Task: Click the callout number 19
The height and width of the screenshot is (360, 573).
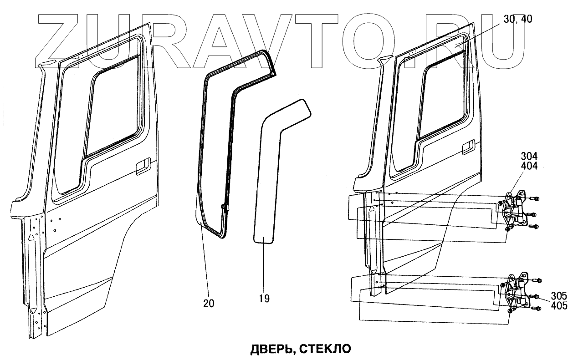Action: coord(264,299)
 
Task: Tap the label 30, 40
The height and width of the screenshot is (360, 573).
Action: coord(518,19)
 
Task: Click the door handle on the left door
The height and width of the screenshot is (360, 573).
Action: coord(143,166)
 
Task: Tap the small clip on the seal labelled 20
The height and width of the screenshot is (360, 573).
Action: coord(225,208)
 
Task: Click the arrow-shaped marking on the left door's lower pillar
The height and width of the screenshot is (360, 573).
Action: coord(31,237)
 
